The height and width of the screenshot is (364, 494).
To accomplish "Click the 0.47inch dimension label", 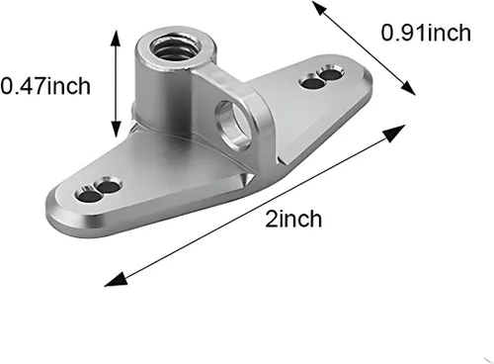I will click(45, 86).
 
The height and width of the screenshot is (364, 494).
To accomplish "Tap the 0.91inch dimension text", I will click(426, 34).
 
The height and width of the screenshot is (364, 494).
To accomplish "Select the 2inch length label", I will click(293, 219).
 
